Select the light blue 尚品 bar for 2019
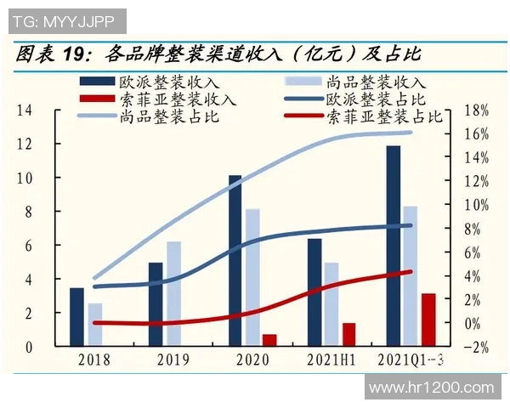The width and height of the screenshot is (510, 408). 173,294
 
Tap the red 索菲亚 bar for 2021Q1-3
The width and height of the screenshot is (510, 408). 428,320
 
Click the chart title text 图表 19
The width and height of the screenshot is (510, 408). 52,54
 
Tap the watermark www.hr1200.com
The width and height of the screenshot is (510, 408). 433,387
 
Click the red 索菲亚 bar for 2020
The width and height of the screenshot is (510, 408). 269,340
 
